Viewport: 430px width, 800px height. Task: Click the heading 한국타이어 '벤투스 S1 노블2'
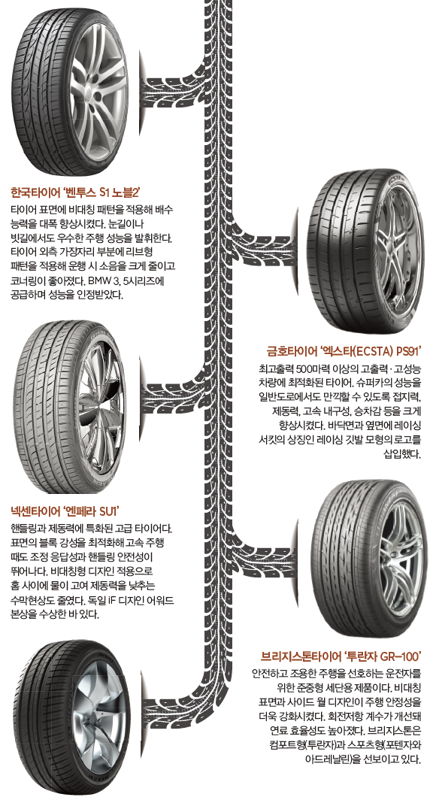click(75, 192)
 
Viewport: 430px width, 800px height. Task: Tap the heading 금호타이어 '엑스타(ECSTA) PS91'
click(344, 351)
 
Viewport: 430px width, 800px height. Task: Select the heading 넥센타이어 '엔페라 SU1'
click(65, 511)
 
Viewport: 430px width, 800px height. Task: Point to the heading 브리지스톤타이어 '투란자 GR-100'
click(341, 655)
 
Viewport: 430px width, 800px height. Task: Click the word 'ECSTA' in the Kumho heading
click(366, 351)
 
